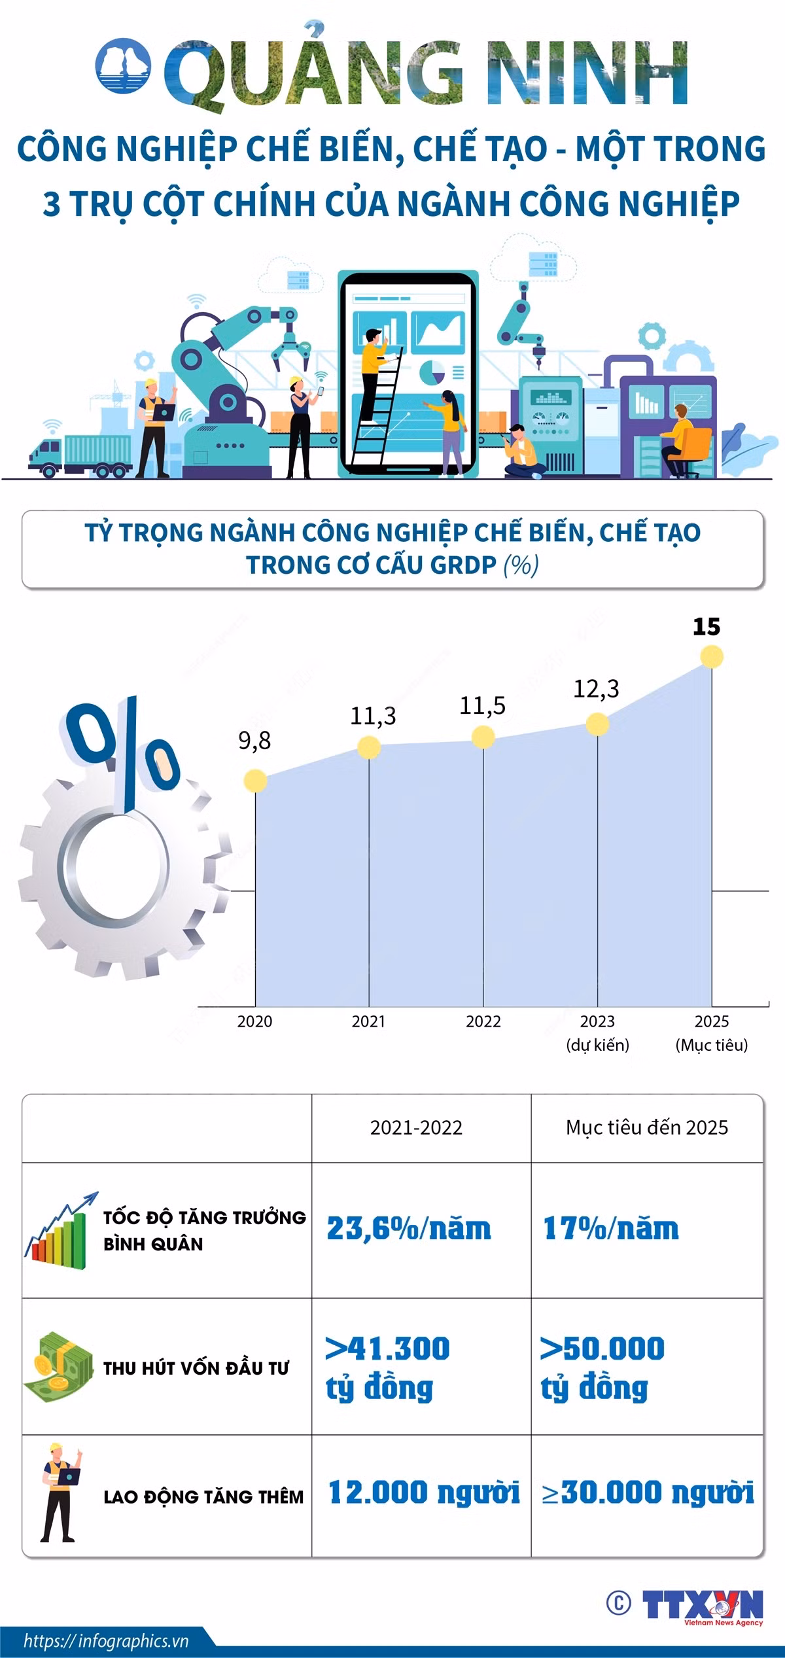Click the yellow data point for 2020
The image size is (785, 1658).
tap(255, 780)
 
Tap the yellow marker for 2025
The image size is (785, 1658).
tap(712, 656)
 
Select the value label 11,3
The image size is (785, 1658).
tap(373, 716)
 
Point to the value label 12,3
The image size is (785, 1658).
tap(596, 688)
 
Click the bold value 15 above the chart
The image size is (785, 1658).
tap(706, 627)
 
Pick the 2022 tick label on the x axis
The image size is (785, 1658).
tap(483, 1021)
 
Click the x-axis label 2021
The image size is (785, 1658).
tap(368, 1021)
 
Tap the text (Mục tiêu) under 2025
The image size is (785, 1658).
tap(712, 1045)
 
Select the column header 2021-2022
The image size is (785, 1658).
tap(416, 1127)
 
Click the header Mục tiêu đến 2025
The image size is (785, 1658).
tap(647, 1127)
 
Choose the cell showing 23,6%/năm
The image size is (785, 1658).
tap(409, 1228)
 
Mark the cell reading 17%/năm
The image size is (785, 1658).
tap(611, 1228)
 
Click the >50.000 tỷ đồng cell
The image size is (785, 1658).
tap(602, 1368)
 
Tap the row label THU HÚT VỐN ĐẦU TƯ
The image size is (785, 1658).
tap(196, 1367)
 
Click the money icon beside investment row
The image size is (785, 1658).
tap(56, 1367)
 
